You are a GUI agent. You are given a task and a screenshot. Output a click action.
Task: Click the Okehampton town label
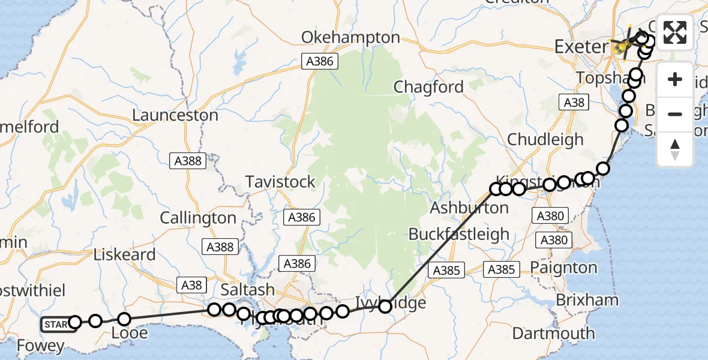pyautogui.click(x=350, y=37)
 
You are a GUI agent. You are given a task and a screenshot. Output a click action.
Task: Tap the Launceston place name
pyautogui.click(x=175, y=115)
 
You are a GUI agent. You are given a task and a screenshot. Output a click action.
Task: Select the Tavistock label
pyautogui.click(x=280, y=182)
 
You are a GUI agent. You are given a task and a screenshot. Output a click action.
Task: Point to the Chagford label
pyautogui.click(x=428, y=87)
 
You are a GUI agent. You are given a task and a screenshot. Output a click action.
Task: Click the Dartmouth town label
pyautogui.click(x=554, y=333)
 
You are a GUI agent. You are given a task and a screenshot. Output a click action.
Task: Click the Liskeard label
pyautogui.click(x=125, y=254)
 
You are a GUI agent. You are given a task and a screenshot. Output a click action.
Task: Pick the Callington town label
pyautogui.click(x=198, y=218)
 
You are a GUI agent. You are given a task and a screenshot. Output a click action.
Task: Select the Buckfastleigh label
pyautogui.click(x=459, y=234)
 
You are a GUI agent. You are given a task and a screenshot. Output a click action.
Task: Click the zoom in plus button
pyautogui.click(x=675, y=80)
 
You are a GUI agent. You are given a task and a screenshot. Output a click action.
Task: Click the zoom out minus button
pyautogui.click(x=675, y=114)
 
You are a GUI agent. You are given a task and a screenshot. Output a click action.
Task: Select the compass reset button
pyautogui.click(x=675, y=149)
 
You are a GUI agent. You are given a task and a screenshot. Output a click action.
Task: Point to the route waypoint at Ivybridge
pyautogui.click(x=385, y=306)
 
